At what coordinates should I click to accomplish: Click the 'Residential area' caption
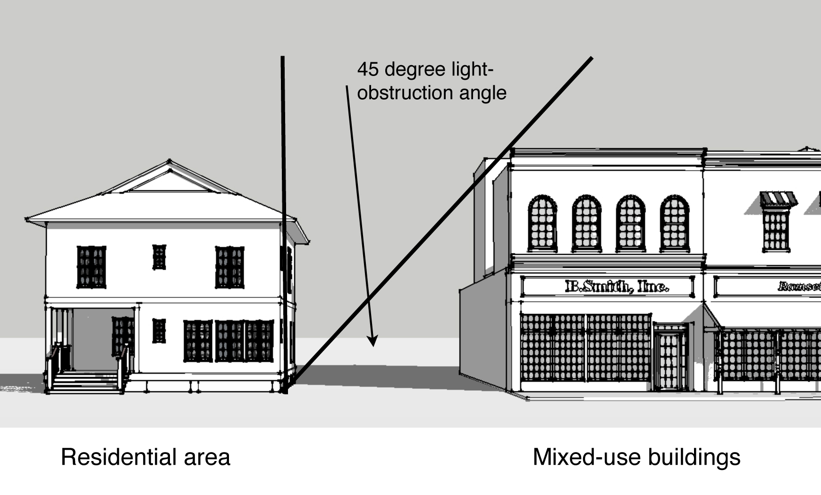click(145, 457)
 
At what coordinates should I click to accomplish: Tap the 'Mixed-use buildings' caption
click(636, 457)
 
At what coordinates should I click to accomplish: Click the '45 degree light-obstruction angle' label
click(431, 81)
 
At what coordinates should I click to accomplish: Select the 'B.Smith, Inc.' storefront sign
click(617, 286)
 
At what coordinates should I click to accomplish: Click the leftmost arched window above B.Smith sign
click(542, 223)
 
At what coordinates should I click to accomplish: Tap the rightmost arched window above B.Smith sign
click(674, 223)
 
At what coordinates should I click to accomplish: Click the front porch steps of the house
click(85, 382)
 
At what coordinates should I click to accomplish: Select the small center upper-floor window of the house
click(159, 257)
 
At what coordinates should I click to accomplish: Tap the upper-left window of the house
click(91, 267)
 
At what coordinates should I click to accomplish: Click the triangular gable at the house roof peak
click(169, 181)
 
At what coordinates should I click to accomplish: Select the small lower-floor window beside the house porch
click(159, 330)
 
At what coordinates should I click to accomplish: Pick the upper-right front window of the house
click(230, 267)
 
